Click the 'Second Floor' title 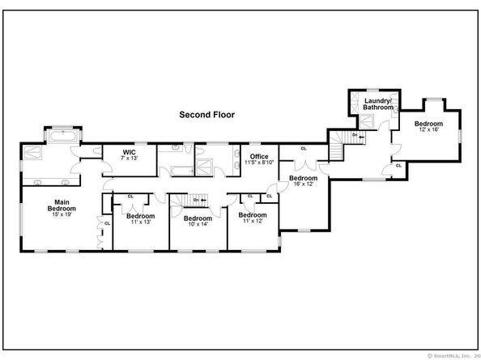tap(206, 115)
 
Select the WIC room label tap(128, 151)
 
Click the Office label tap(259, 156)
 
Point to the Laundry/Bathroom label tap(377, 104)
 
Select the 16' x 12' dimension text tap(303, 184)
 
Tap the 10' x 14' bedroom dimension tap(198, 224)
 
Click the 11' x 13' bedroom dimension tap(140, 222)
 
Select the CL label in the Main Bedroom tap(106, 222)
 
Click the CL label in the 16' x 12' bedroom tap(304, 149)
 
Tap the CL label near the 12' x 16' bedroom tap(398, 166)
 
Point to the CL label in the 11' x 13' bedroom tap(130, 196)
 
